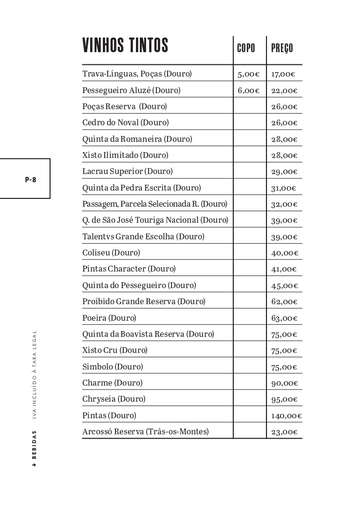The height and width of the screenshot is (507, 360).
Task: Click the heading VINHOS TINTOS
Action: pyautogui.click(x=125, y=45)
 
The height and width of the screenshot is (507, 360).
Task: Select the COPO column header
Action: pyautogui.click(x=246, y=48)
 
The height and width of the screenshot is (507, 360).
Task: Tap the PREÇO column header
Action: pyautogui.click(x=282, y=48)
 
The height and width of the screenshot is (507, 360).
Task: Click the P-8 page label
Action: pyautogui.click(x=30, y=179)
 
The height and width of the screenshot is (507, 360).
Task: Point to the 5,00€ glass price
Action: pyautogui.click(x=248, y=75)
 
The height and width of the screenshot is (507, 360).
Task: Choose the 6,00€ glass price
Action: pyautogui.click(x=248, y=91)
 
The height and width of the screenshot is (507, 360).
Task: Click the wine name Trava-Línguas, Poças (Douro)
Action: pyautogui.click(x=137, y=74)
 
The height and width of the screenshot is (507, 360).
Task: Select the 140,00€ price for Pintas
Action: pyautogui.click(x=286, y=416)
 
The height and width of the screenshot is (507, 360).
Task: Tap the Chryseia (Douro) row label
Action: pyautogui.click(x=114, y=399)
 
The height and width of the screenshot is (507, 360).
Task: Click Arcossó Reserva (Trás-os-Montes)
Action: pyautogui.click(x=145, y=431)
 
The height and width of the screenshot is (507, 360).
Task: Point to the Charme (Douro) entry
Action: pyautogui.click(x=113, y=383)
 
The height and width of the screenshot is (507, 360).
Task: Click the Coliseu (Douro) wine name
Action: pyautogui.click(x=111, y=253)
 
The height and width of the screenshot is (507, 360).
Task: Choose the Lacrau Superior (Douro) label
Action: pyautogui.click(x=127, y=171)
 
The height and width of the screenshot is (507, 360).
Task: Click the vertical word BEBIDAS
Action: pyautogui.click(x=34, y=446)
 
